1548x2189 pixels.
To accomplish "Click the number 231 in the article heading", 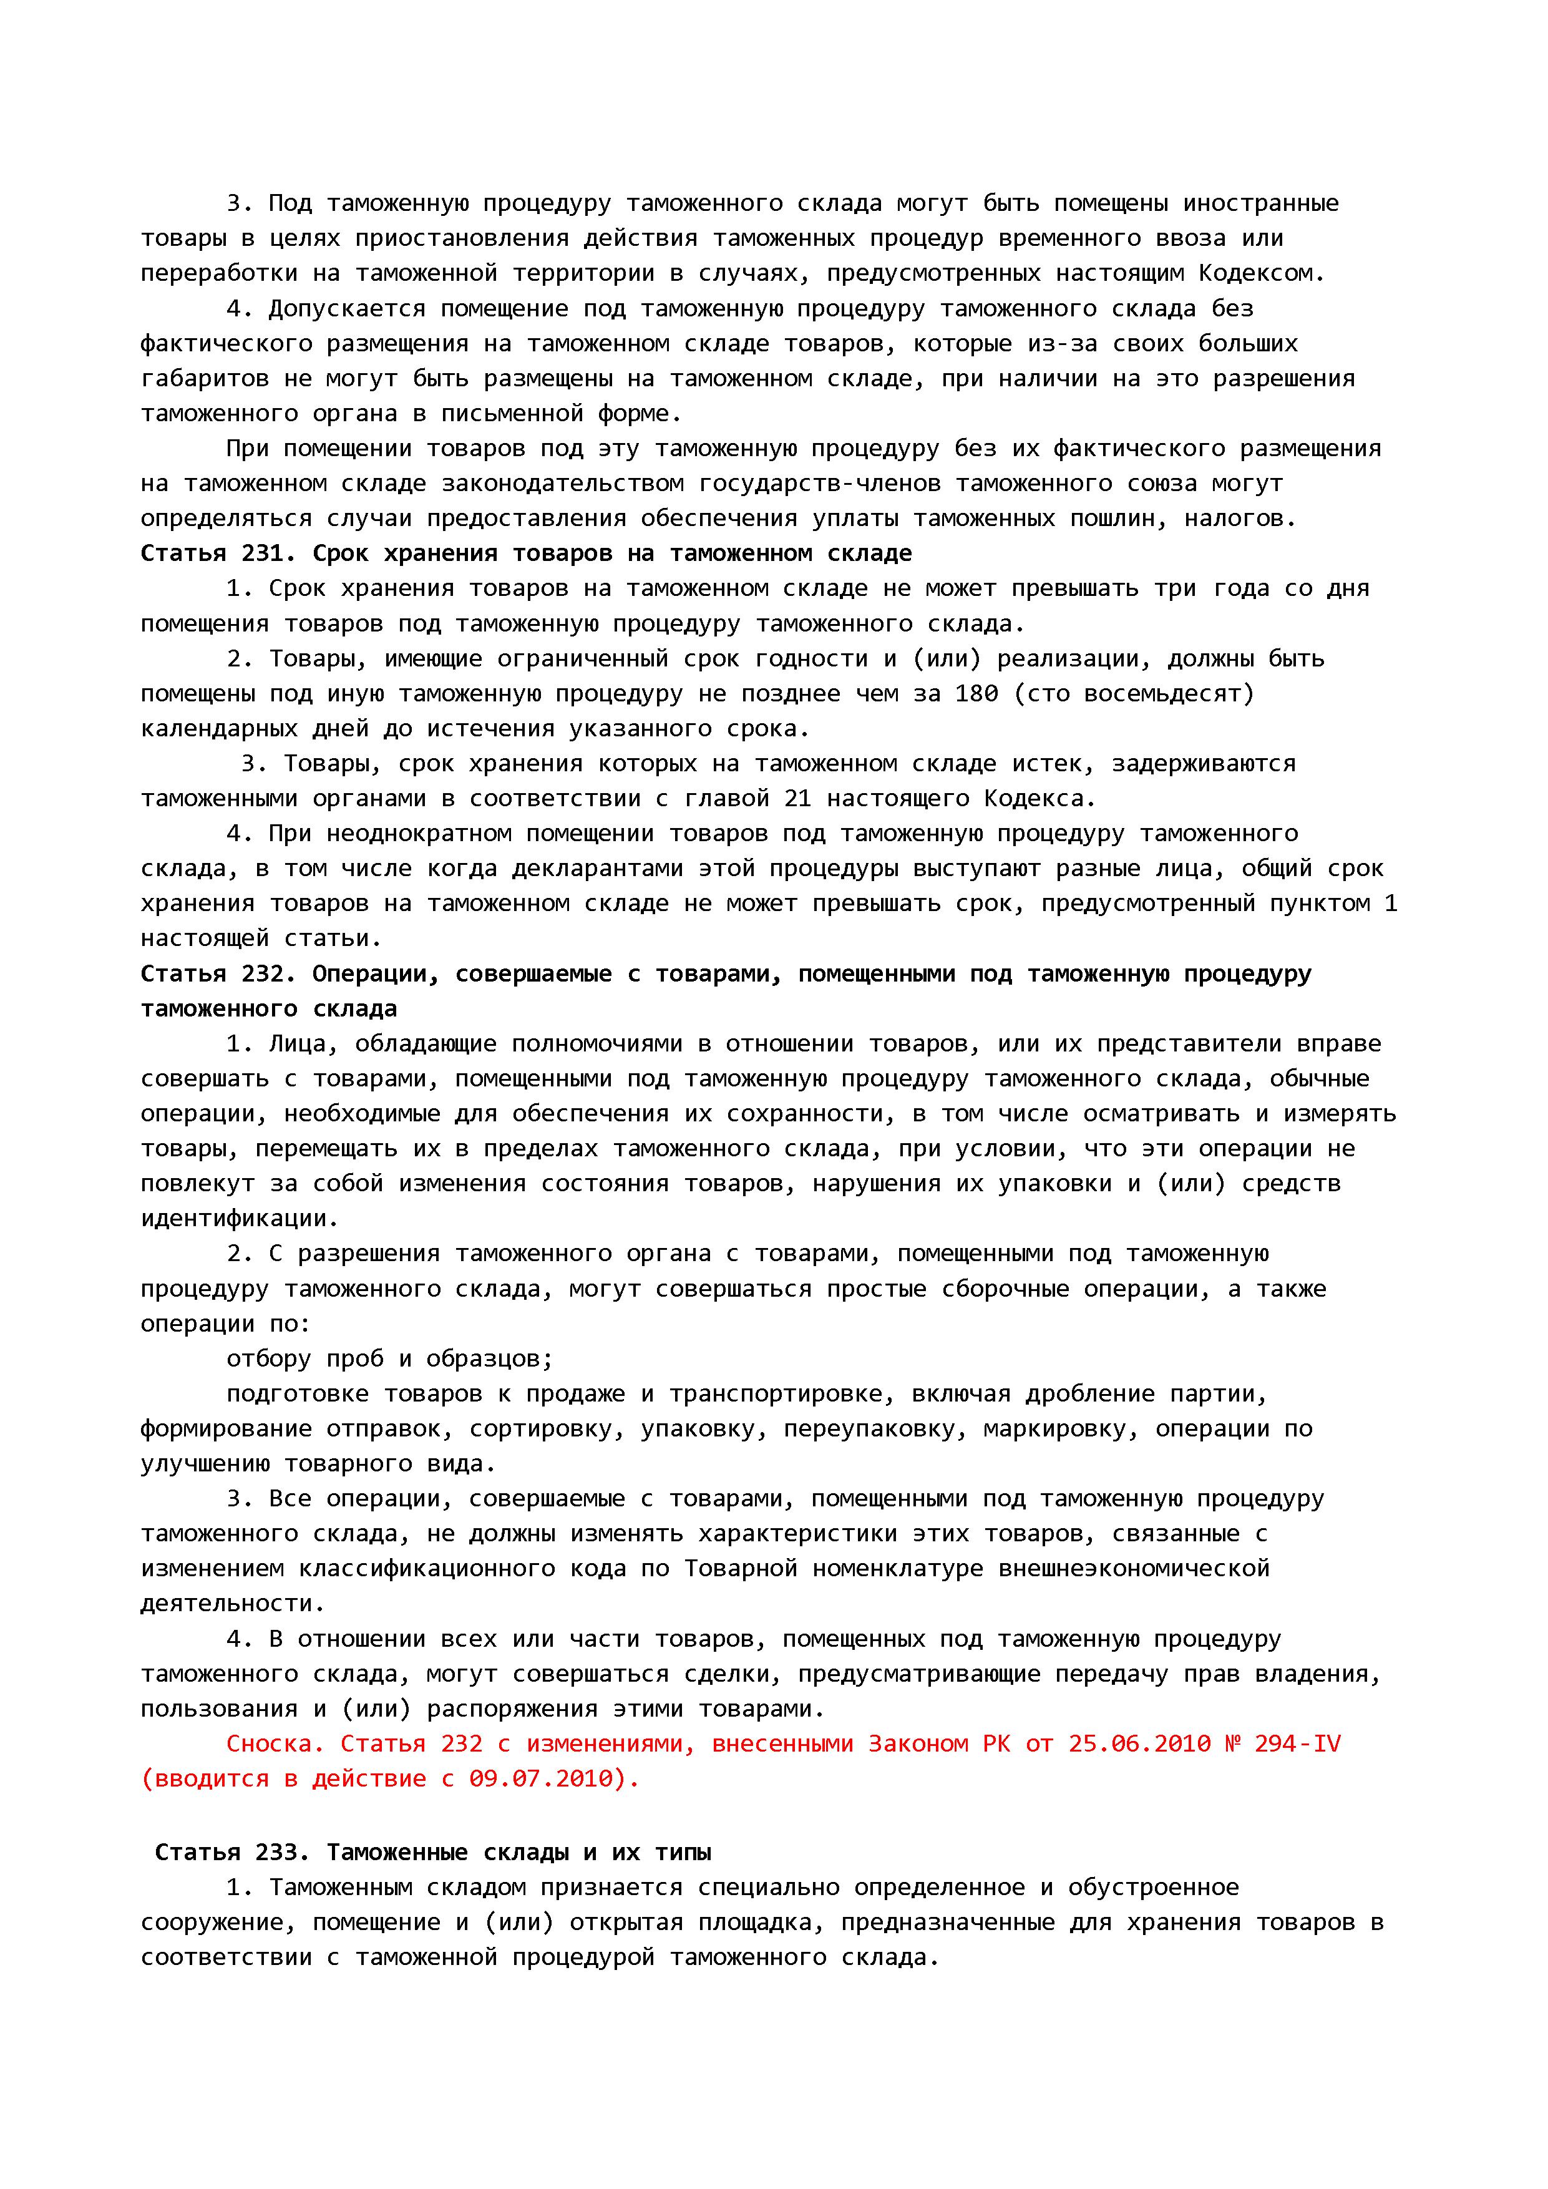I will [269, 554].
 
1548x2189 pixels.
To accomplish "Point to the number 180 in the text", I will [976, 694].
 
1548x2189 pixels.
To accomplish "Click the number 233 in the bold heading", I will [283, 1853].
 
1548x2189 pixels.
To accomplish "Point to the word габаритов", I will [205, 379].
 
